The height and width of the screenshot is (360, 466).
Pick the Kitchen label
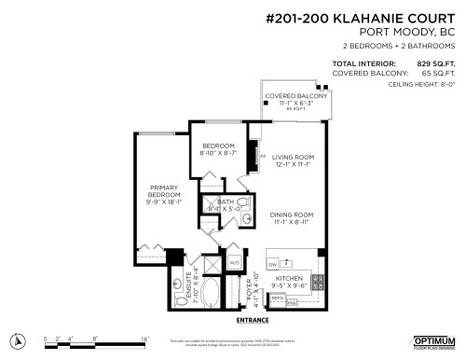point(287,278)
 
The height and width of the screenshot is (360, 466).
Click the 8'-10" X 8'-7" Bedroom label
point(220,149)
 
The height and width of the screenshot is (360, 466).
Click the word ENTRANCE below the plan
point(253,319)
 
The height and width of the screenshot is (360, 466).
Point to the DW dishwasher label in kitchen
point(272,265)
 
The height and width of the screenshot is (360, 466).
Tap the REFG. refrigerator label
point(277,298)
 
